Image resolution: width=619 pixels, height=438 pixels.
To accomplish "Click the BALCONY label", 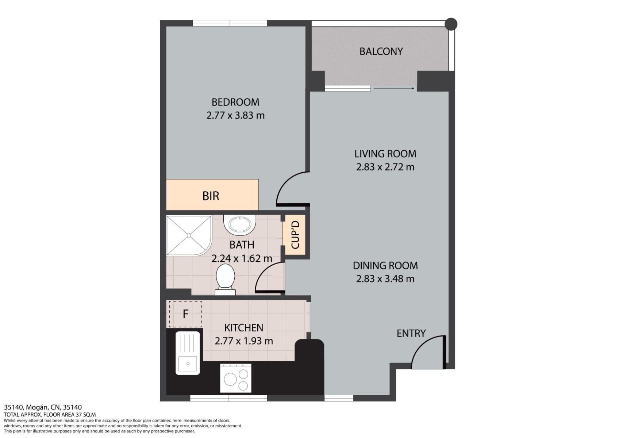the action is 381,52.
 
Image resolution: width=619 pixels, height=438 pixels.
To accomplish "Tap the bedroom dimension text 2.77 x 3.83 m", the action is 235,115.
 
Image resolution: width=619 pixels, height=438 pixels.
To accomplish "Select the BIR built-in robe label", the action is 211,196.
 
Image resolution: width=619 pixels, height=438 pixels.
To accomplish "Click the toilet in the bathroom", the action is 225,279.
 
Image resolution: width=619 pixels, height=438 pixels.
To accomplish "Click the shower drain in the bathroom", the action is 189,235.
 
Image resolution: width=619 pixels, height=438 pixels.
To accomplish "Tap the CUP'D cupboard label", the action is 295,235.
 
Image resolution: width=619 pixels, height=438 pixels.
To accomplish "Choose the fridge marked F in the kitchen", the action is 185,314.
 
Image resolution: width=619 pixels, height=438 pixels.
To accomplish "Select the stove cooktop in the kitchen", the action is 236,378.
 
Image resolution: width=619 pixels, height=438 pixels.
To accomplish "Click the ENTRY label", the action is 411,334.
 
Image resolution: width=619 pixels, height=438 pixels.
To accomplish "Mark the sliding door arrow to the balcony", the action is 394,88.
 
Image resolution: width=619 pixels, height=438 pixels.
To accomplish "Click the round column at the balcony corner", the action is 451,24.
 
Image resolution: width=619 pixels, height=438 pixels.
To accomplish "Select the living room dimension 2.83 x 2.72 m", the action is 385,167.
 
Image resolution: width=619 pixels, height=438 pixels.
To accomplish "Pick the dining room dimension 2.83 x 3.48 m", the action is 385,279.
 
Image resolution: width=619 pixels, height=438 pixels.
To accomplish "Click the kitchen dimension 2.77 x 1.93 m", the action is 244,341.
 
